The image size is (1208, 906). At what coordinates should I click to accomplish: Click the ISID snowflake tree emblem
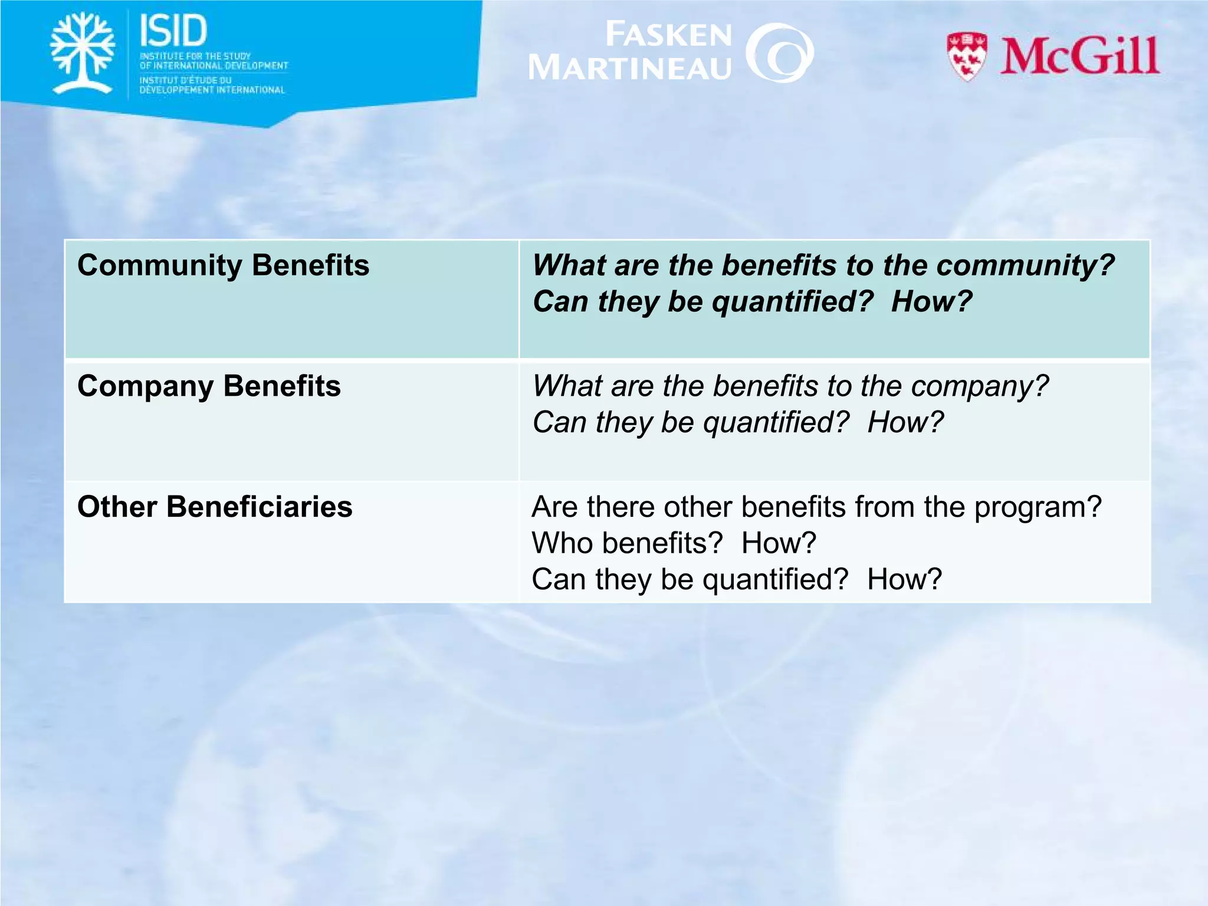[x=83, y=53]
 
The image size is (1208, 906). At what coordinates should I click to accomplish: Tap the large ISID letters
[x=173, y=31]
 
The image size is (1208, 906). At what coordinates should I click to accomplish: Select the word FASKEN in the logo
[x=668, y=35]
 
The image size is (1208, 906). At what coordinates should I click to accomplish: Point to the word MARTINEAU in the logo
[x=630, y=67]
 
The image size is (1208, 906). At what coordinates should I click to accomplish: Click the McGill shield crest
[x=966, y=57]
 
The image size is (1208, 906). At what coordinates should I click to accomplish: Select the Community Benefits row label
[x=223, y=265]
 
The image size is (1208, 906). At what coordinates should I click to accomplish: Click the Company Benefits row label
[x=209, y=386]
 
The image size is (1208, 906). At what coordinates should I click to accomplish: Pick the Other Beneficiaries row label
[x=215, y=507]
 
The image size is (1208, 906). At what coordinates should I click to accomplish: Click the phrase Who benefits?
[x=626, y=543]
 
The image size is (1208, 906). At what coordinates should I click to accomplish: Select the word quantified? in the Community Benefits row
[x=792, y=302]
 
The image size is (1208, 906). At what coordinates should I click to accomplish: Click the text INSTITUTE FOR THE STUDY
[x=195, y=56]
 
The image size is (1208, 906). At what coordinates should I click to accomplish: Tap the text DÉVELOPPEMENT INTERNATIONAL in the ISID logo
[x=212, y=90]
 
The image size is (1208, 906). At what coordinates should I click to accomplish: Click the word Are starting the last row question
[x=554, y=507]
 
